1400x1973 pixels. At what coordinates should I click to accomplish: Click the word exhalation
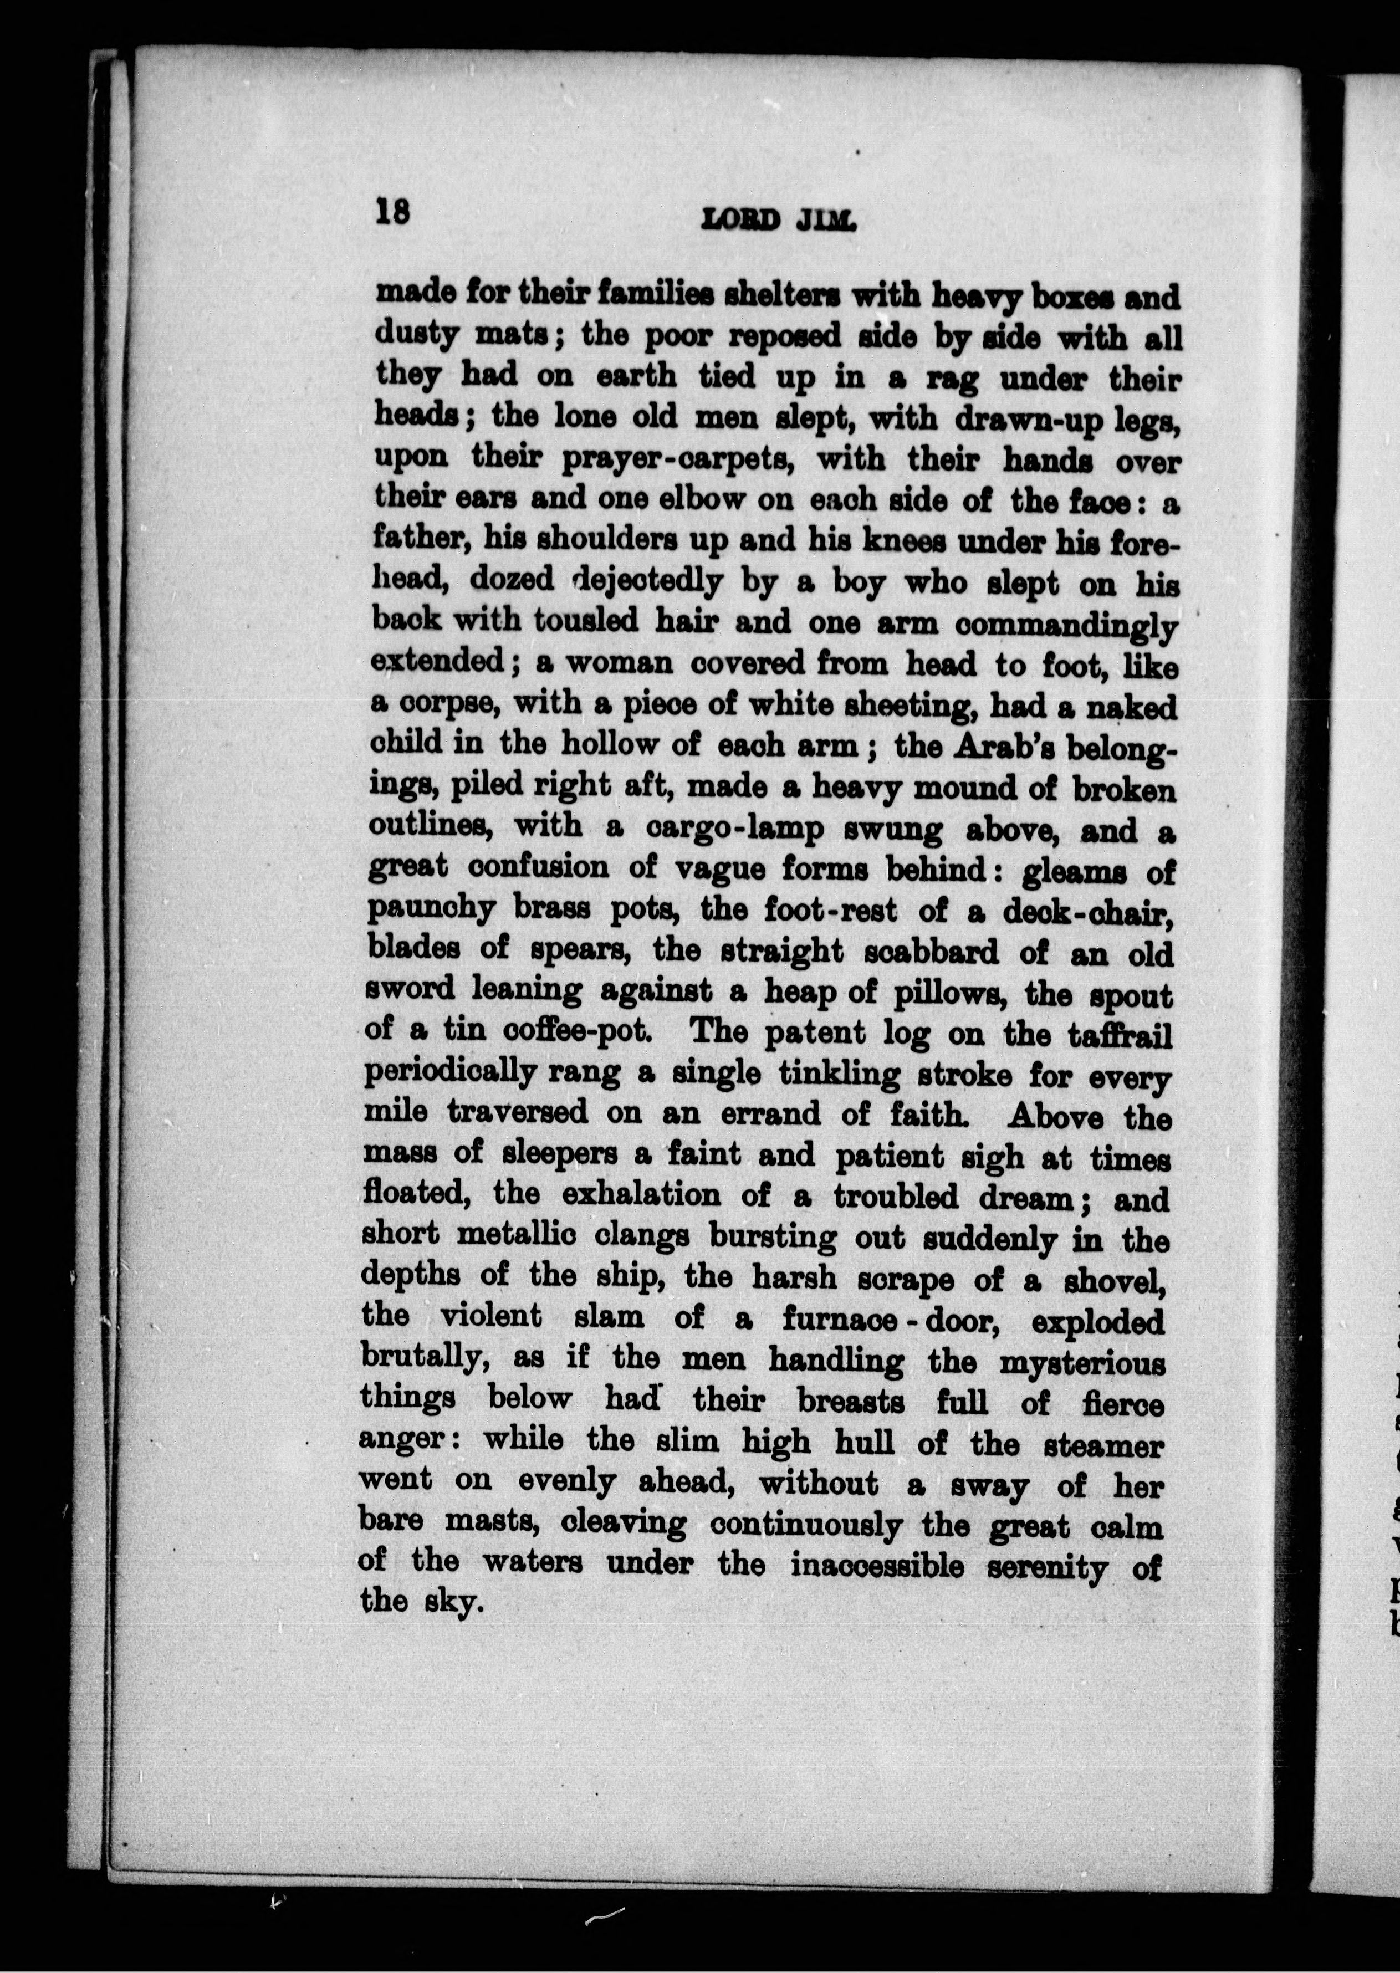pos(641,1195)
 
